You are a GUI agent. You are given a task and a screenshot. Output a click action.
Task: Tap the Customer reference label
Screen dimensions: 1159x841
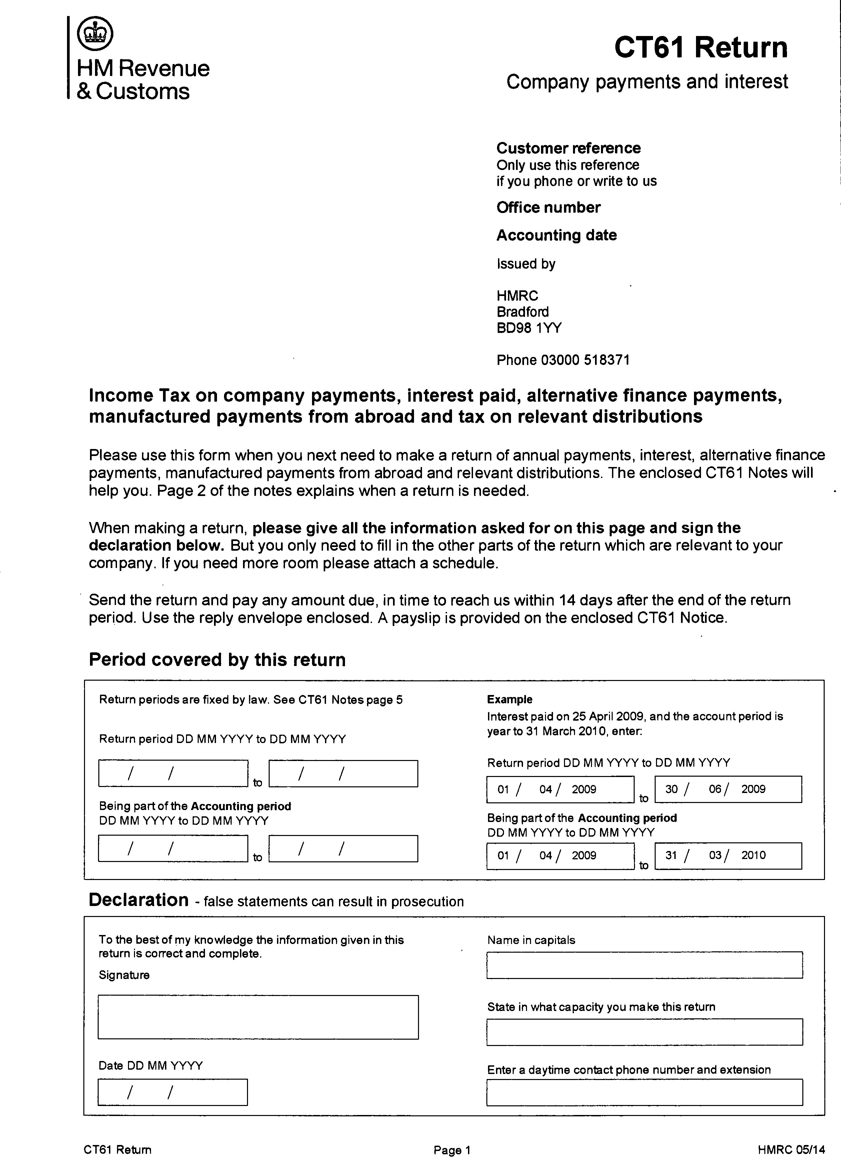point(568,148)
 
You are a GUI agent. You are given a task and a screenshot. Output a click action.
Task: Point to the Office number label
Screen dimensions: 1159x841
point(548,207)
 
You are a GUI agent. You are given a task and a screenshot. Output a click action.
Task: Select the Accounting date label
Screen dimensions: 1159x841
point(556,235)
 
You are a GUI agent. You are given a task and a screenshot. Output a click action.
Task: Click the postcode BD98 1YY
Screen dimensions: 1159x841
point(529,328)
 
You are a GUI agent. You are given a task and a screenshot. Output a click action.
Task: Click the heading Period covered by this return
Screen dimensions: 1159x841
point(217,660)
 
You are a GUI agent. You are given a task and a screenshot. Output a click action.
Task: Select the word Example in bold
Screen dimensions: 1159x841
point(509,700)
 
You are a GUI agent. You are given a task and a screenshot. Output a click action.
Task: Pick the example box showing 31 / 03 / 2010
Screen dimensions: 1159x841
point(728,855)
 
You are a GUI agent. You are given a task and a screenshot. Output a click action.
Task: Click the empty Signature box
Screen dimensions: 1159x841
point(258,1017)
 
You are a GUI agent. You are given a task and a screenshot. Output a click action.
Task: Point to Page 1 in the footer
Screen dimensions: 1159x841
point(452,1150)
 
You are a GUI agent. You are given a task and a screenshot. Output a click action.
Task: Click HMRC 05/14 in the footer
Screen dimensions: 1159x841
point(791,1150)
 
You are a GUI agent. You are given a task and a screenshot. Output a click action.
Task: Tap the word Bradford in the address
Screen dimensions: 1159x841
point(523,312)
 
